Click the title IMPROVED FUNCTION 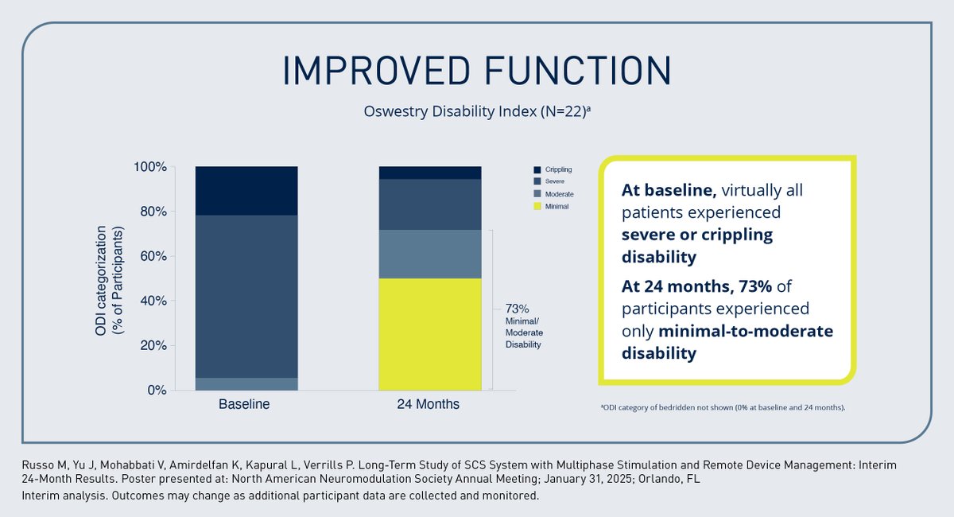(477, 71)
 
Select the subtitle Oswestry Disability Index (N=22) (477, 111)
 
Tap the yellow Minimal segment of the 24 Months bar (429, 334)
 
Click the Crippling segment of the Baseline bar (246, 191)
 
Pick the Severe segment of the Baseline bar (246, 296)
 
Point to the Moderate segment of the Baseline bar (246, 384)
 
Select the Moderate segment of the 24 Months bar (429, 254)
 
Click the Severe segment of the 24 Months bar (429, 204)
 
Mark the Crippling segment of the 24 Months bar (429, 173)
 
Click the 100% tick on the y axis (149, 167)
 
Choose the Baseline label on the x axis (244, 404)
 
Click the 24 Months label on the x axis (428, 404)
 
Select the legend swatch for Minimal (537, 206)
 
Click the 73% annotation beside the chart (518, 309)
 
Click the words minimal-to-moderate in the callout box (727, 331)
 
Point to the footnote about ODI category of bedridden (722, 407)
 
